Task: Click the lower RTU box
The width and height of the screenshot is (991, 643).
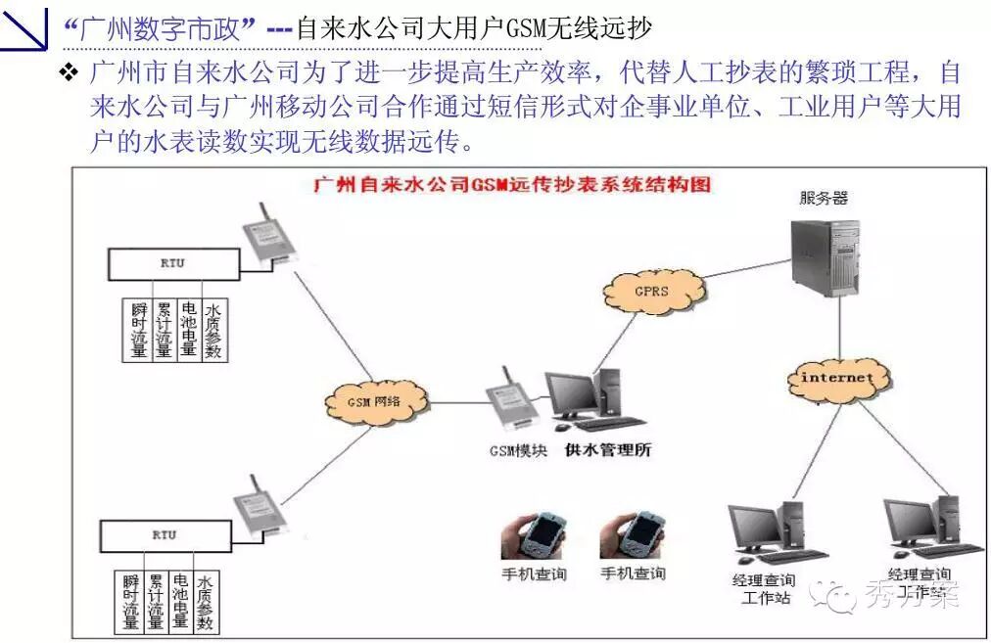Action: click(164, 535)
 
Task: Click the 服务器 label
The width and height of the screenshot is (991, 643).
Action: click(823, 198)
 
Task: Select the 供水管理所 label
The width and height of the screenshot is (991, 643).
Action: click(607, 451)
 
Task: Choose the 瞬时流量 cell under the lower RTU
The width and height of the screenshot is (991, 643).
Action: click(131, 600)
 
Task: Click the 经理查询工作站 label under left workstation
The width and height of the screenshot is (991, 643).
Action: click(763, 588)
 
